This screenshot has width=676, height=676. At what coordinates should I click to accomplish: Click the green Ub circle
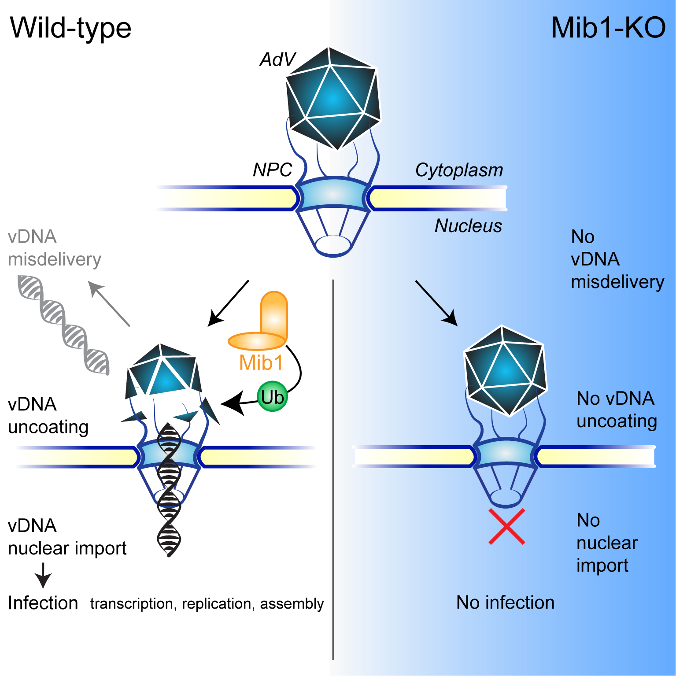click(x=272, y=397)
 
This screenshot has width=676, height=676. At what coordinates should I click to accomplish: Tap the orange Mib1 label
click(x=261, y=363)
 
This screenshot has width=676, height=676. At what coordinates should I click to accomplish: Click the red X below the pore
click(x=507, y=527)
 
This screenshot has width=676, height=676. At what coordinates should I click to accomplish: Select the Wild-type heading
click(x=70, y=28)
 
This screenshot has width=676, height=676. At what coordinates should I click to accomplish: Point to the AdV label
click(x=277, y=59)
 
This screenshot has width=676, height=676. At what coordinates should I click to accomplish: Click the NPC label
click(x=272, y=170)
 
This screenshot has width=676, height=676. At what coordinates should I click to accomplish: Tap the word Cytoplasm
click(x=459, y=170)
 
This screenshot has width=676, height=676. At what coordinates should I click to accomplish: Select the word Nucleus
click(x=468, y=226)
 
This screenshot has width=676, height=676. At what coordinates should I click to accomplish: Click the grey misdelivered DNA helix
click(x=63, y=324)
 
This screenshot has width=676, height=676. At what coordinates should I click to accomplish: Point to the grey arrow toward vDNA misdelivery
click(x=109, y=303)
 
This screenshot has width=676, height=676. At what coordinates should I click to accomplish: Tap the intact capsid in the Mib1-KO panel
click(x=506, y=370)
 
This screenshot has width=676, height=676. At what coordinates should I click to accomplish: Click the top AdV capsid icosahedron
click(x=333, y=98)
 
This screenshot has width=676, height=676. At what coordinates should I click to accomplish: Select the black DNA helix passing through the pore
click(x=169, y=489)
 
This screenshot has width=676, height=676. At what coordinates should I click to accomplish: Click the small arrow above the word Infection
click(x=43, y=575)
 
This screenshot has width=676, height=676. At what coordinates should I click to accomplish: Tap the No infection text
click(x=505, y=602)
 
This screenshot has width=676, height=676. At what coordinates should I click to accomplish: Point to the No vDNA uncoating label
click(x=617, y=410)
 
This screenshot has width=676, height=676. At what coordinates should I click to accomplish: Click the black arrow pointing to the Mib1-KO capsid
click(x=436, y=303)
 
